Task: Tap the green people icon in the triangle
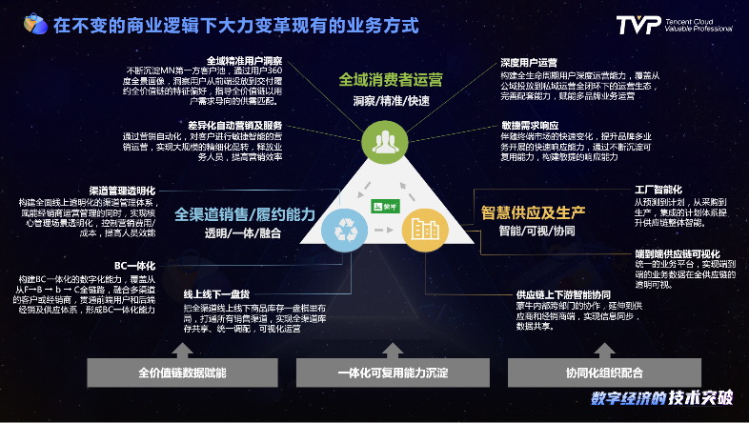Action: coord(386,142)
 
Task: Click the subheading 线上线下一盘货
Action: coord(216,293)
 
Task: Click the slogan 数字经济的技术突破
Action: coord(661,399)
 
